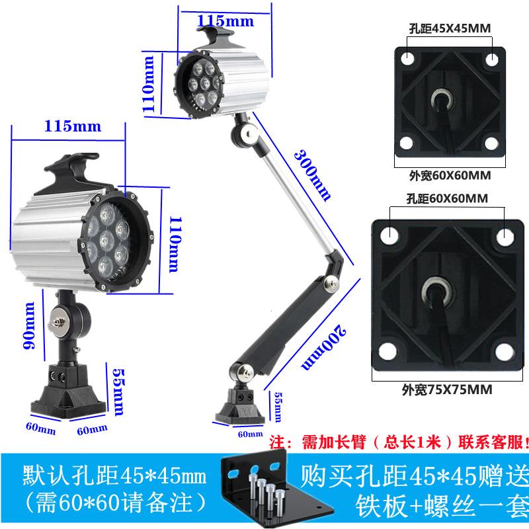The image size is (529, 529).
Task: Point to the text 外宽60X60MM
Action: [444, 177]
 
